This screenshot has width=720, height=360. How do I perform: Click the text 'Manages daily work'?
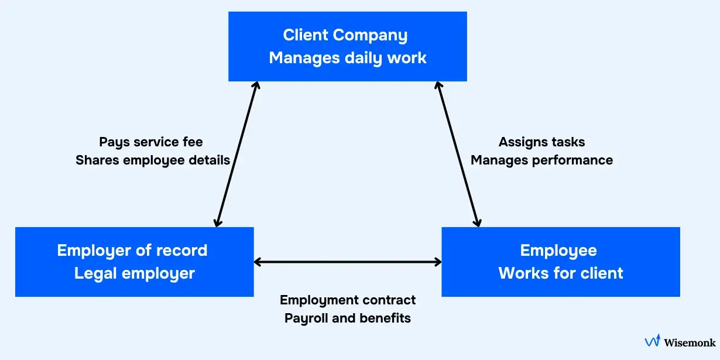pyautogui.click(x=347, y=58)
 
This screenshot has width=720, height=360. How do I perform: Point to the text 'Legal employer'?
pyautogui.click(x=134, y=273)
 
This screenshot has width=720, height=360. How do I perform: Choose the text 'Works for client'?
pyautogui.click(x=560, y=273)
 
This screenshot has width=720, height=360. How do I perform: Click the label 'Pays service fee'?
pyautogui.click(x=151, y=142)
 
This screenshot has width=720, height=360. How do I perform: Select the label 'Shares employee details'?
pyautogui.click(x=152, y=160)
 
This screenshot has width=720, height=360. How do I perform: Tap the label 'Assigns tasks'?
pyautogui.click(x=541, y=142)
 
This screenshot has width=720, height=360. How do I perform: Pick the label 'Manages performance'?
pyautogui.click(x=541, y=160)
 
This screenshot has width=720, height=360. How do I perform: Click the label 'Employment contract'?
pyautogui.click(x=348, y=300)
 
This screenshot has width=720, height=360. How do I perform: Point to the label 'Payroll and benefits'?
pyautogui.click(x=348, y=318)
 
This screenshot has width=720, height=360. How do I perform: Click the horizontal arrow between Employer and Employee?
pyautogui.click(x=348, y=262)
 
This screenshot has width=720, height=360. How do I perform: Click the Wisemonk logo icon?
pyautogui.click(x=652, y=341)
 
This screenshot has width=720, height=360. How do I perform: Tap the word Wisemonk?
pyautogui.click(x=690, y=342)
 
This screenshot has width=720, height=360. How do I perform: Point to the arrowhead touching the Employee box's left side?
pyautogui.click(x=437, y=262)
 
